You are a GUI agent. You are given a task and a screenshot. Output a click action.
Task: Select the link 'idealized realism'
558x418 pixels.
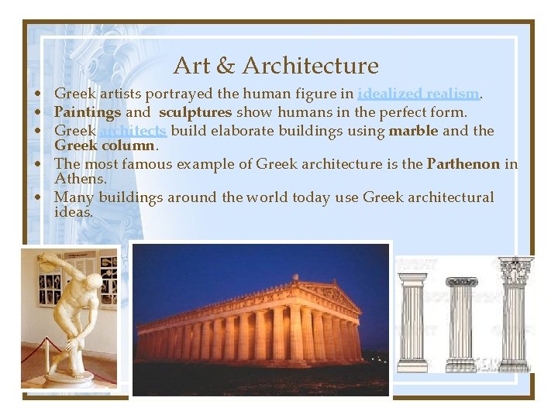point(418,94)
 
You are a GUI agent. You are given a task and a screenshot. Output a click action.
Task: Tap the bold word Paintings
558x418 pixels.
point(88,112)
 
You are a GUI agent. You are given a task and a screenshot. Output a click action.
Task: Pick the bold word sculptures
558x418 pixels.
point(195,112)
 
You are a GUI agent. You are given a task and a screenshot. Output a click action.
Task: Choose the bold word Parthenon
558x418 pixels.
point(463,163)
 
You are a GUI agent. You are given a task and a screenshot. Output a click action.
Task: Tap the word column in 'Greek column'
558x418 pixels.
point(131,145)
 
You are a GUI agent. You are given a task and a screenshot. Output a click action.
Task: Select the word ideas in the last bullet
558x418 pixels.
point(73,211)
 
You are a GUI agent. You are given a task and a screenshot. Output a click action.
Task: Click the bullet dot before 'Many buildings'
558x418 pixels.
point(38,198)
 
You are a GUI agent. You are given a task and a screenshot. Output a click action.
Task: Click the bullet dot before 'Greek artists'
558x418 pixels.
point(38,95)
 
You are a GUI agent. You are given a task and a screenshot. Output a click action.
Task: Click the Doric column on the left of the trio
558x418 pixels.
point(412,322)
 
